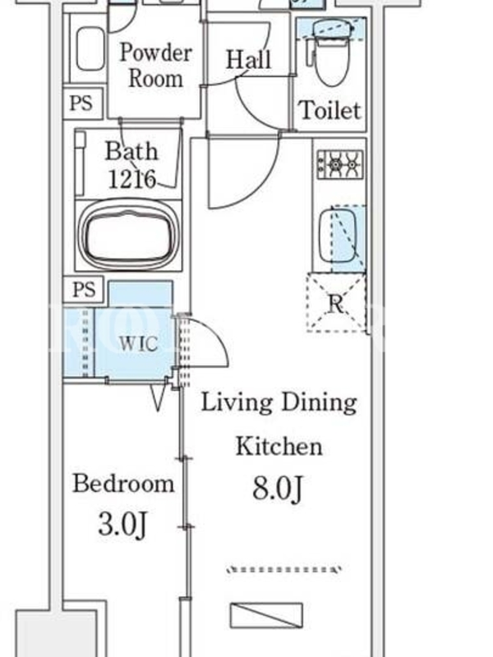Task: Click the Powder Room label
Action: click(x=155, y=66)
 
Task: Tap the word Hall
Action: click(x=249, y=59)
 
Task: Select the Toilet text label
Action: click(x=330, y=110)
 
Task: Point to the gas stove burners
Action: click(x=340, y=164)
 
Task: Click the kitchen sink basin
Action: click(x=338, y=236)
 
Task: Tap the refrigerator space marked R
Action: click(x=336, y=302)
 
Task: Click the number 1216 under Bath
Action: click(x=132, y=179)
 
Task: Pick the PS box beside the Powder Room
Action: click(x=83, y=103)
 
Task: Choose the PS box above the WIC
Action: click(x=84, y=290)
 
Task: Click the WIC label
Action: click(x=138, y=343)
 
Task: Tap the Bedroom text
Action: click(x=123, y=483)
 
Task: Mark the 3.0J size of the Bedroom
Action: click(x=122, y=524)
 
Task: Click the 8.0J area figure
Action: click(x=277, y=489)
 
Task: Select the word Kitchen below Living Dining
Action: click(x=279, y=446)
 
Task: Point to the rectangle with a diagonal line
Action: click(x=266, y=615)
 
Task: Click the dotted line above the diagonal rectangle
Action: click(x=283, y=569)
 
